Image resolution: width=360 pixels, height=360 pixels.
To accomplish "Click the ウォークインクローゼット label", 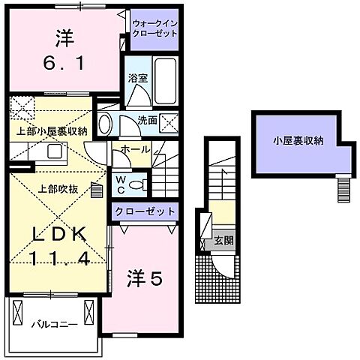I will (154, 28).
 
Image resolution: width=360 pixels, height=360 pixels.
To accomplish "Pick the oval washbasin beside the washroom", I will (106, 124).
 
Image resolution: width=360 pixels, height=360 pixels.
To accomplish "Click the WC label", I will (120, 183).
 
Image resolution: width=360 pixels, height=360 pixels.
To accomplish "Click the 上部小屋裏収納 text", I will (52, 130).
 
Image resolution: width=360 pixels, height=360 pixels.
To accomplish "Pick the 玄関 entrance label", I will (223, 241).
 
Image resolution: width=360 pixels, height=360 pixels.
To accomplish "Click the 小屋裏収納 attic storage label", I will (298, 139).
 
